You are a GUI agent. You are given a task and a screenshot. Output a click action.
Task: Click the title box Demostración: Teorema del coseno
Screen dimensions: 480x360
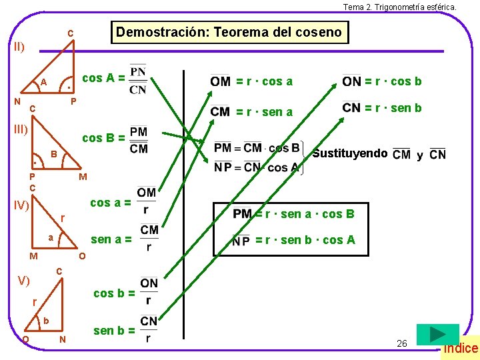point(229,32)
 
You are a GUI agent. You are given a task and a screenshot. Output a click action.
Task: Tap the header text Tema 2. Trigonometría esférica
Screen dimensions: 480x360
point(399,7)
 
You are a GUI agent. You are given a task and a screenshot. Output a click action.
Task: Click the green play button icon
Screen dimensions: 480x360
point(437,335)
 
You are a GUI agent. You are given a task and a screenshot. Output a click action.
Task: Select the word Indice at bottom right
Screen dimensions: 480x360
point(461,348)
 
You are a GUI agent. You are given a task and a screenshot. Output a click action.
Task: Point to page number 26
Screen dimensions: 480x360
point(401,343)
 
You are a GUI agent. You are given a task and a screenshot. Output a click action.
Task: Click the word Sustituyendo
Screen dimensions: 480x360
point(350,153)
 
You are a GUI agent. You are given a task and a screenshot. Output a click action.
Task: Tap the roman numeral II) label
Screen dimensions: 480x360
point(20,47)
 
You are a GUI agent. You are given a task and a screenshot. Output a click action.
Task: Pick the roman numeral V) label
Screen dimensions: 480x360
point(23,281)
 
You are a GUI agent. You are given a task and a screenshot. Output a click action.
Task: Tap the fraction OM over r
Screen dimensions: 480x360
point(146,201)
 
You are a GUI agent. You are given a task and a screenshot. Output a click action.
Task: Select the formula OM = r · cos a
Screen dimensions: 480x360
point(251,81)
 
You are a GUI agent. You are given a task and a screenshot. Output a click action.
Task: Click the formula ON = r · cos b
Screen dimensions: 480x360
point(381,81)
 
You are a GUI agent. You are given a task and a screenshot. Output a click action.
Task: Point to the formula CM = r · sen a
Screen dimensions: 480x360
point(251,111)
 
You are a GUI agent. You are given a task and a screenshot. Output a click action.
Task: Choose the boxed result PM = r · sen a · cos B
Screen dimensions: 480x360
point(293,214)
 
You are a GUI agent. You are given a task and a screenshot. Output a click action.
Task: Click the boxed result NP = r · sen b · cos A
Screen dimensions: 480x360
point(293,241)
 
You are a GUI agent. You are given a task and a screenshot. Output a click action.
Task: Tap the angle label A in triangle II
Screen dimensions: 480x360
point(43,82)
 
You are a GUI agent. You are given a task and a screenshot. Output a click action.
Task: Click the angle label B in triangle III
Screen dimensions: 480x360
point(53,155)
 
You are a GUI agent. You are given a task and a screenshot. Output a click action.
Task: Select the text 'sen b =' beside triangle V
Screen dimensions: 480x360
point(114,331)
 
